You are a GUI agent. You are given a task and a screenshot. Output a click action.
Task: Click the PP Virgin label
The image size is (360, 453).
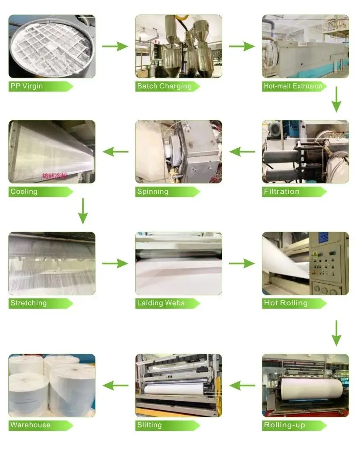(x=27, y=86)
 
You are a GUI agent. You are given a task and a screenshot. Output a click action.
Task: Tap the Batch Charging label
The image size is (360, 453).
(x=164, y=86)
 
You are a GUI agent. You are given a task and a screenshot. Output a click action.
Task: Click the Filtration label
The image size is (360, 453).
(x=282, y=192)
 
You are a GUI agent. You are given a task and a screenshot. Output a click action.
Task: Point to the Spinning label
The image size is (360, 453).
(x=153, y=192)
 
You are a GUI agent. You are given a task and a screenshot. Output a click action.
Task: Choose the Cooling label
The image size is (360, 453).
(x=24, y=192)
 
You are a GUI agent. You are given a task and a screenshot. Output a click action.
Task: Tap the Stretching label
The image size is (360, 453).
(x=28, y=303)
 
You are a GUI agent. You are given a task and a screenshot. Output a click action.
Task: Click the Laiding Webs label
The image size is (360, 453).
(x=161, y=303)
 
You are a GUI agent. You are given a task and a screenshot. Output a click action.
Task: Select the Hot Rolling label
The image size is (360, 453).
(x=285, y=303)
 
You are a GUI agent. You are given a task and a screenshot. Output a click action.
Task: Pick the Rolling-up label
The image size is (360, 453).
(x=284, y=425)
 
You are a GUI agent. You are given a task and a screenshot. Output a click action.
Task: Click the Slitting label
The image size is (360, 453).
(x=149, y=425)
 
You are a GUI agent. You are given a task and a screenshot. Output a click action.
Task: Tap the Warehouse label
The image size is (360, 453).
(x=31, y=425)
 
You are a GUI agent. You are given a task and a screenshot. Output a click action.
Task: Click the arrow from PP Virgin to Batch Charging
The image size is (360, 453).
(x=115, y=46)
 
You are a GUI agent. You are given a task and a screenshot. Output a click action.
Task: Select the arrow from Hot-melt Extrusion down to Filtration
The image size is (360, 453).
(x=336, y=99)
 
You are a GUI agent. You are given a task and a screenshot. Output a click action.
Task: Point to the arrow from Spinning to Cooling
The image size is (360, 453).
(x=115, y=152)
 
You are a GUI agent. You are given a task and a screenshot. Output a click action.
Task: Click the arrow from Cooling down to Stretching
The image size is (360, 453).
(x=83, y=211)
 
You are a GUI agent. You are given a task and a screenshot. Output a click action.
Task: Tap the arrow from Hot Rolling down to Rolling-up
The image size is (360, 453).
(x=336, y=333)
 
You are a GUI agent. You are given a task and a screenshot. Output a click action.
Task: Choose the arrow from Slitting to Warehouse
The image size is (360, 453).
(x=115, y=385)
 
